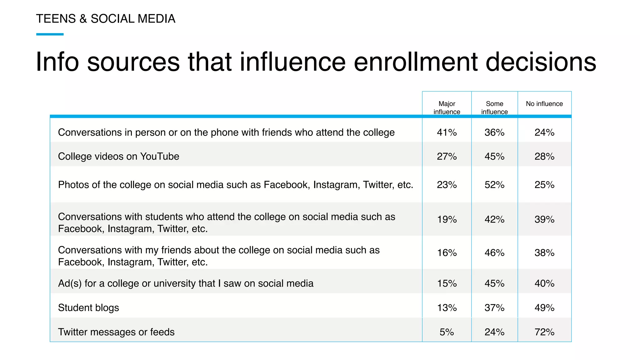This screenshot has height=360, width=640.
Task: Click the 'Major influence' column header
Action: (x=447, y=107)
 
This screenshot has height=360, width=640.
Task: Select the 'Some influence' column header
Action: (x=494, y=107)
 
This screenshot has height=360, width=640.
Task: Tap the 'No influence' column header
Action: (x=544, y=104)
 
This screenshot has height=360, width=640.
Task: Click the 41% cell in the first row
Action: (x=447, y=132)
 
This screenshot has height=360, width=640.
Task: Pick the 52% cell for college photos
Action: (x=494, y=185)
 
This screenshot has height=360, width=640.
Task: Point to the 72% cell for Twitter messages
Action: (x=544, y=332)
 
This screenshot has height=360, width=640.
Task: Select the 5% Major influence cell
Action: (x=447, y=332)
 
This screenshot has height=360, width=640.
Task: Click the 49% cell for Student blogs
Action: (x=544, y=308)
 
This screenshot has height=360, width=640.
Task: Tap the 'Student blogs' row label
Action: (x=88, y=308)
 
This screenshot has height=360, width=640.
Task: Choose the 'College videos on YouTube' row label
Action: (x=118, y=156)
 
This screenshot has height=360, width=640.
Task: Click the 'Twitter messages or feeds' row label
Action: (x=116, y=332)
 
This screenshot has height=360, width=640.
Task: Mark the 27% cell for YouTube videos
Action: (x=447, y=156)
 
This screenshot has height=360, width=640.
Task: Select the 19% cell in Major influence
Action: (x=447, y=219)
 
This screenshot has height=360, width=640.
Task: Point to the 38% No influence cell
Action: (x=544, y=252)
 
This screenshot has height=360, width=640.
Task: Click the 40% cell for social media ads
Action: (x=544, y=283)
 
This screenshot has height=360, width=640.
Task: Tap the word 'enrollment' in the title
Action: (x=416, y=62)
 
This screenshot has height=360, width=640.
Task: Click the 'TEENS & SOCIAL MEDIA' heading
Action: (x=106, y=19)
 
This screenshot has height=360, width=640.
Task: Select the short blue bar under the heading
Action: (x=50, y=34)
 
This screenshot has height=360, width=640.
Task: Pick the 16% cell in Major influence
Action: (x=447, y=252)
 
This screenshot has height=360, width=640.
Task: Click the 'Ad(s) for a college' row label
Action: (x=186, y=283)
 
